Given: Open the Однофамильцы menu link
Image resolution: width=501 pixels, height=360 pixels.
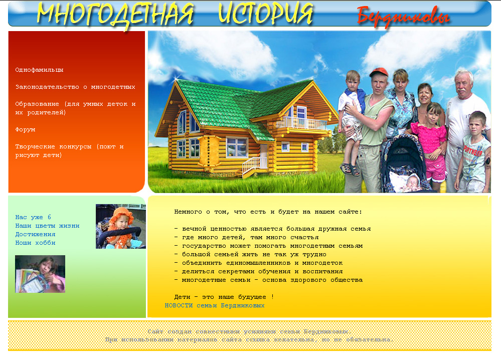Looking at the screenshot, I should coord(39,70).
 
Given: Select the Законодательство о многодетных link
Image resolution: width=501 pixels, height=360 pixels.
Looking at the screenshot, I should coord(75,87).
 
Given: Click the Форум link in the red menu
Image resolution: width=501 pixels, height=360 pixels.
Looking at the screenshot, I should coord(25,130).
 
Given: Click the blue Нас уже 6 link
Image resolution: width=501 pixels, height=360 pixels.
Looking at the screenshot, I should coord(33,218).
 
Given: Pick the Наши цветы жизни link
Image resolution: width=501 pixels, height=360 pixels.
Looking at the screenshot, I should coord(47,226).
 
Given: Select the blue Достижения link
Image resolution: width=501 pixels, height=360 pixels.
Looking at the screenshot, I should coord(35,235).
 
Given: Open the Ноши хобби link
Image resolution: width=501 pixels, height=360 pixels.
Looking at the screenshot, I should coord(35,243).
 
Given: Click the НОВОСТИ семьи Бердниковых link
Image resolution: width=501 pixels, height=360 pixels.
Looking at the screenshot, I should coord(214,306).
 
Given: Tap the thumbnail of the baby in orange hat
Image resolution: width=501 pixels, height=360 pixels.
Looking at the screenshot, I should coord(120,226).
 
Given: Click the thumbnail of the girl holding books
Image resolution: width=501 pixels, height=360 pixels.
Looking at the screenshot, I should coord(40,274).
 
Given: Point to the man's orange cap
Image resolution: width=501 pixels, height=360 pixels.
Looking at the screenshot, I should coord(378,72).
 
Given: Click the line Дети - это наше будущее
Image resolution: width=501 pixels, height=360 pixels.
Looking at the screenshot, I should coord(224,297).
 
